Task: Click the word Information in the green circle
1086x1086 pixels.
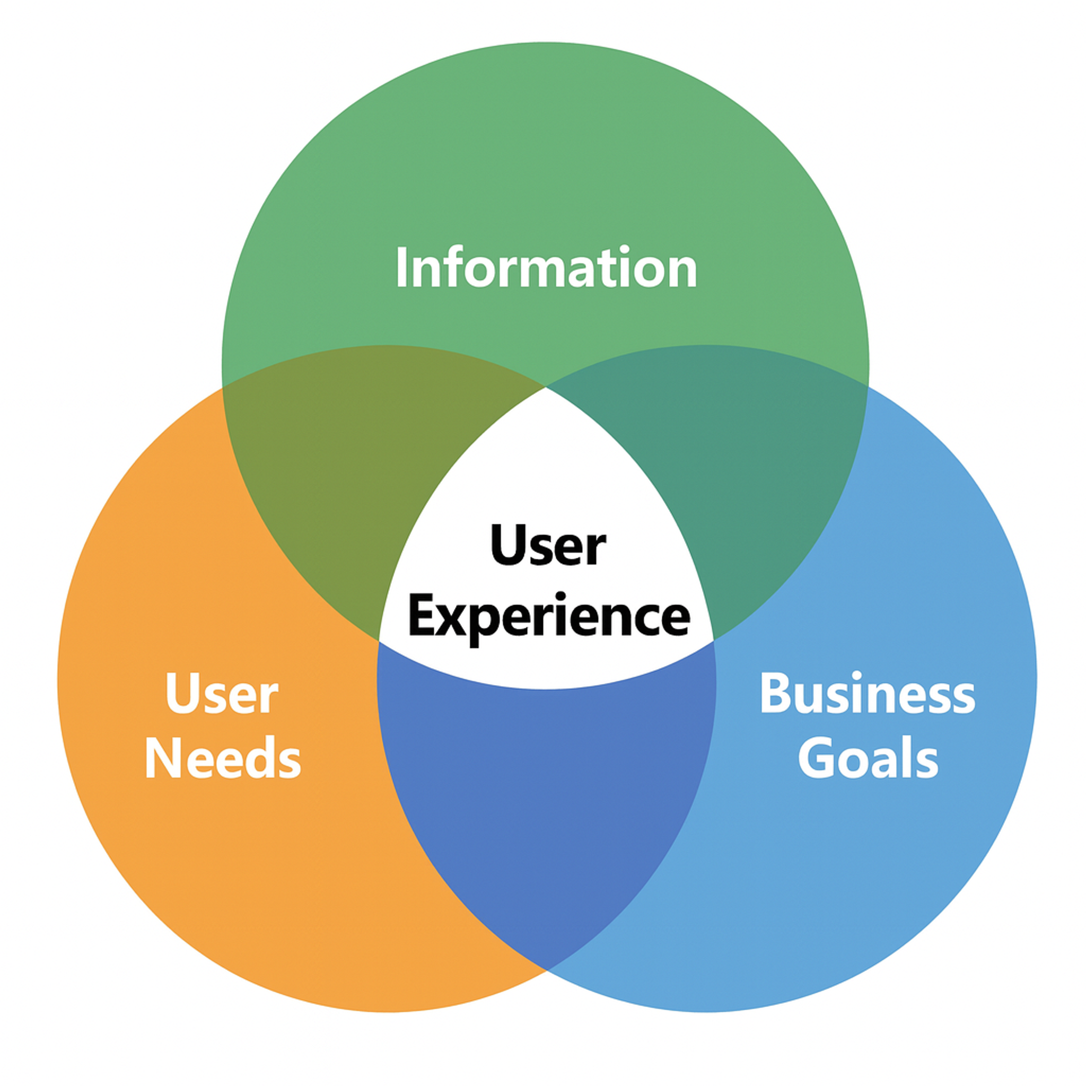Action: point(546,268)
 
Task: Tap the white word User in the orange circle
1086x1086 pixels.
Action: point(222,694)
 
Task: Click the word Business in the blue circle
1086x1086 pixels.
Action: point(868,693)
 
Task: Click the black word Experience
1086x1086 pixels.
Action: point(549,617)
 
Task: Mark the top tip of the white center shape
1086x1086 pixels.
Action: point(546,388)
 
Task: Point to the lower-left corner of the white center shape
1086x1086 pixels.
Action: point(380,640)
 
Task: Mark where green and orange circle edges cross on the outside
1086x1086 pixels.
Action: point(223,387)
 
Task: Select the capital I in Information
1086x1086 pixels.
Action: point(401,268)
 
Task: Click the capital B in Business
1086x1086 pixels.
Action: point(774,693)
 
